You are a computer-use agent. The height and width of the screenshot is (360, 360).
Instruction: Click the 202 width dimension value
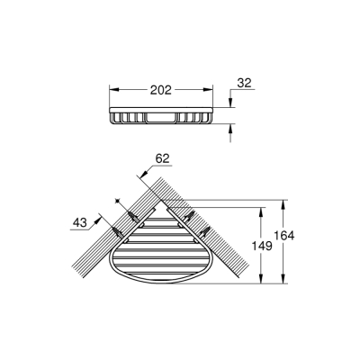[x=161, y=89]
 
